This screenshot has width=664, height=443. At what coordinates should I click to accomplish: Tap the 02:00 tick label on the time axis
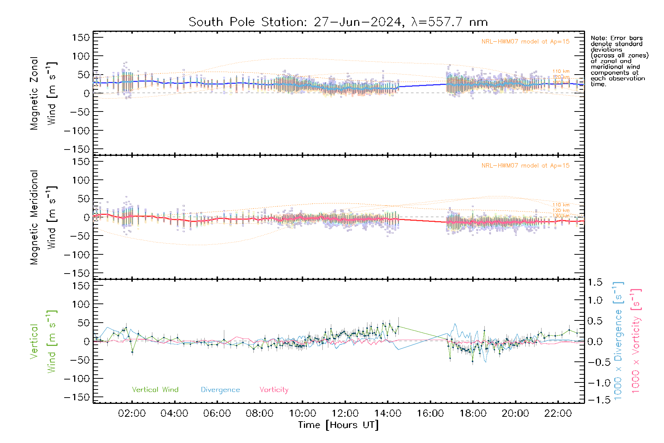point(132,413)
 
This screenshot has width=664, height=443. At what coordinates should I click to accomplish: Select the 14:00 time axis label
point(387,413)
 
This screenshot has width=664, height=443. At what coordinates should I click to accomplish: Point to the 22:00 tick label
point(558,413)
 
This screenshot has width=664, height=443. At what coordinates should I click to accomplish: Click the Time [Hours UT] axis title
point(338,425)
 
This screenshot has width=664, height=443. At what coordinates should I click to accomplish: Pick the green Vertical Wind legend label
point(155,389)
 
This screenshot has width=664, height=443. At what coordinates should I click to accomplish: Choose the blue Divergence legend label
point(220,389)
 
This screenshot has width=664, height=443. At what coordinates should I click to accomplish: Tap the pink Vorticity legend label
point(274,389)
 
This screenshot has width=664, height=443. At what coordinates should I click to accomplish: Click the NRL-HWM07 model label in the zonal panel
point(525,41)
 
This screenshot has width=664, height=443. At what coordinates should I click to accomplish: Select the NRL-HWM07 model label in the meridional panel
point(525,165)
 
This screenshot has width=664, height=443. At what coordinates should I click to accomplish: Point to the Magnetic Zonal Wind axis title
point(44,93)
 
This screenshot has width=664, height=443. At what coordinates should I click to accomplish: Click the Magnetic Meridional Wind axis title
point(44,217)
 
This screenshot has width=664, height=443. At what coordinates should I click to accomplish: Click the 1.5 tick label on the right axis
point(595,282)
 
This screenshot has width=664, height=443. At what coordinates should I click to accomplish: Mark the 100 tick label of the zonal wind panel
point(81,56)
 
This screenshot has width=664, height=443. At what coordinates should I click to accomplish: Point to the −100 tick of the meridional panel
point(77,255)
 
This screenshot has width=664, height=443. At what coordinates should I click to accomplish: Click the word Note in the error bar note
point(598,38)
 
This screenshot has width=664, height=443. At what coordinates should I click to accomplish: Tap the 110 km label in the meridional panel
point(561,205)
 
